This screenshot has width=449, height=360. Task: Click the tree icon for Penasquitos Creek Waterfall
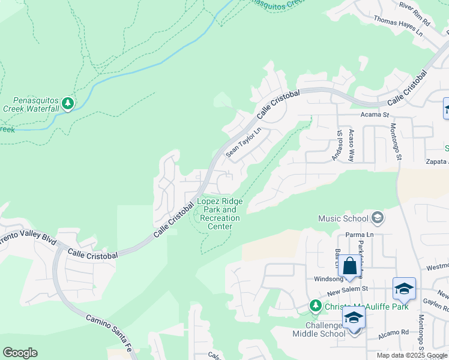point(68,104)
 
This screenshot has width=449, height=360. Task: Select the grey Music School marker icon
point(377,217)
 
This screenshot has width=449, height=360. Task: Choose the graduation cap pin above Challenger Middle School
point(354,318)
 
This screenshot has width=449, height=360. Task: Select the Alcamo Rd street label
point(394,331)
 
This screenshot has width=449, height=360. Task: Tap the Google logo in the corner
point(20,353)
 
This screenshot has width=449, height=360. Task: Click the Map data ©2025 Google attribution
point(412,355)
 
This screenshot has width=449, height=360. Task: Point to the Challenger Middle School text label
point(319,329)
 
